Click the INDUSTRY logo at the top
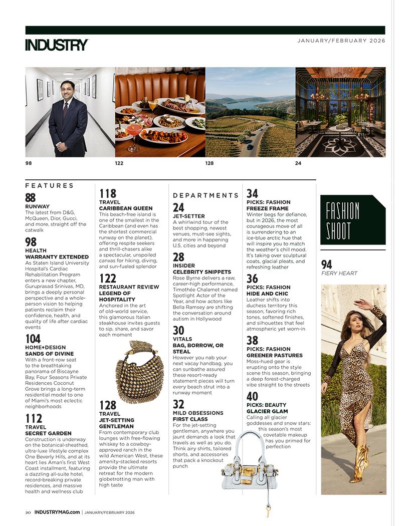pyautogui.click(x=57, y=45)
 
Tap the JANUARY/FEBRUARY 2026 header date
pyautogui.click(x=341, y=41)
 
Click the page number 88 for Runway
pyautogui.click(x=31, y=197)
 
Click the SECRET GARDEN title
pyautogui.click(x=48, y=433)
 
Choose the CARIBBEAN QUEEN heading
pyautogui.click(x=126, y=208)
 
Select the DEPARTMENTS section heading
pyautogui.click(x=206, y=195)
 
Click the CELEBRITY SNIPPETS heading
pyautogui.click(x=202, y=272)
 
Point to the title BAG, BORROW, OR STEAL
pyautogui.click(x=198, y=349)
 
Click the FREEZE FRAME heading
pyautogui.click(x=267, y=208)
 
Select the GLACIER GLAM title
pyautogui.click(x=267, y=411)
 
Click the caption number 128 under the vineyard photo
pyautogui.click(x=209, y=163)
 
